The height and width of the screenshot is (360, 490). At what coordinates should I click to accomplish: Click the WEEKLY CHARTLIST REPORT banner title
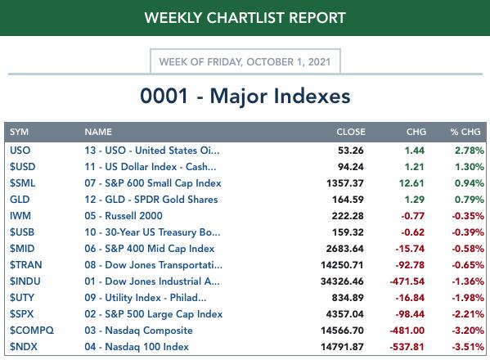coord(245,17)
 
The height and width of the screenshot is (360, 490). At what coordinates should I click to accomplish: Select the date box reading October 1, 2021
coord(245,61)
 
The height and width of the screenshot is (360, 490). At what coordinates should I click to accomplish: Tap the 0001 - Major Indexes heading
coord(245,96)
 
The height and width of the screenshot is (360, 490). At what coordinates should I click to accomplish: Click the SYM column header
coord(19,132)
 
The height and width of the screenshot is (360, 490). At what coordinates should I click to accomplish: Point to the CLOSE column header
coord(351,132)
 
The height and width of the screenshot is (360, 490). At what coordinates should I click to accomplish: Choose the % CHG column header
coord(465,132)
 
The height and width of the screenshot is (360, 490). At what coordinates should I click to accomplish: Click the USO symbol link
coord(20,151)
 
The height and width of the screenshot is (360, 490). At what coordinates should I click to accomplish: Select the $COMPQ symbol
coord(32,331)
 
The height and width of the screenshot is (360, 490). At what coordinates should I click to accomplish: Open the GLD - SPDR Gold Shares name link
coord(151,200)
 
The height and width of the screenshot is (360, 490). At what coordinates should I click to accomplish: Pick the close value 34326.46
coord(342,281)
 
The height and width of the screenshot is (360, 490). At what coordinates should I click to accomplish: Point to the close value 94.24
coord(351,167)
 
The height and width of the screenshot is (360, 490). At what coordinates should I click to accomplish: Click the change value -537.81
coord(407,347)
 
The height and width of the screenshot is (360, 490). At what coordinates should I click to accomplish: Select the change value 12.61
coord(411,183)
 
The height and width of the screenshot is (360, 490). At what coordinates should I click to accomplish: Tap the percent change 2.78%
coord(469,151)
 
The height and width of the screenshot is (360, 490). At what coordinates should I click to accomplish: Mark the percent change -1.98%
coord(467,298)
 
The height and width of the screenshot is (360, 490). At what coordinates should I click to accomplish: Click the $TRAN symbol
coord(25,265)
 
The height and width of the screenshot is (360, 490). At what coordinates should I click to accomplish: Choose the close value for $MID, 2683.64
coord(344,249)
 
